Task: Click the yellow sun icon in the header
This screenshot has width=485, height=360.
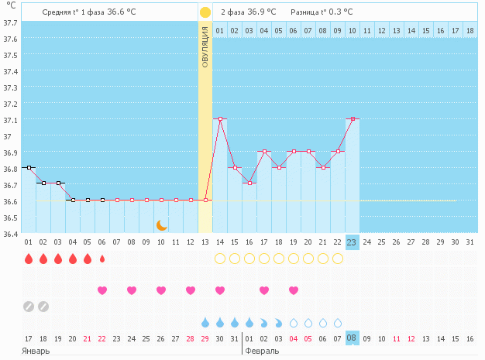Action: point(205,12)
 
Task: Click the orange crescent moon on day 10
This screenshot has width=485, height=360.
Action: point(161,225)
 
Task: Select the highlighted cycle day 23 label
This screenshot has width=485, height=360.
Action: point(352,242)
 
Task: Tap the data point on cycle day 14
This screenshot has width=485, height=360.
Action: point(220,118)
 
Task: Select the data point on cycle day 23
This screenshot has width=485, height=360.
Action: point(352,118)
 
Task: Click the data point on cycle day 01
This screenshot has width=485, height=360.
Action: point(29,167)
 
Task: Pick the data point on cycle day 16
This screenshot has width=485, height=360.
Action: point(249,183)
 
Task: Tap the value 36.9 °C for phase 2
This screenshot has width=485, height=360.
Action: point(262,12)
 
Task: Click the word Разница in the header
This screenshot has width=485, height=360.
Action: point(303,12)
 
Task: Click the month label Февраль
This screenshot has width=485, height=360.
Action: point(262,351)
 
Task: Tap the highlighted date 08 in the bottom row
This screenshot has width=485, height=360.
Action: point(352,338)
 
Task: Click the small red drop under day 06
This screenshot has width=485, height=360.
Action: point(102,259)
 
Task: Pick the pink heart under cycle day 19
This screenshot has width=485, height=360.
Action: point(294,290)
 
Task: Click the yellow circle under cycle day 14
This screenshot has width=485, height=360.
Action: point(220,259)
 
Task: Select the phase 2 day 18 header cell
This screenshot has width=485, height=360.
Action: point(470,30)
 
